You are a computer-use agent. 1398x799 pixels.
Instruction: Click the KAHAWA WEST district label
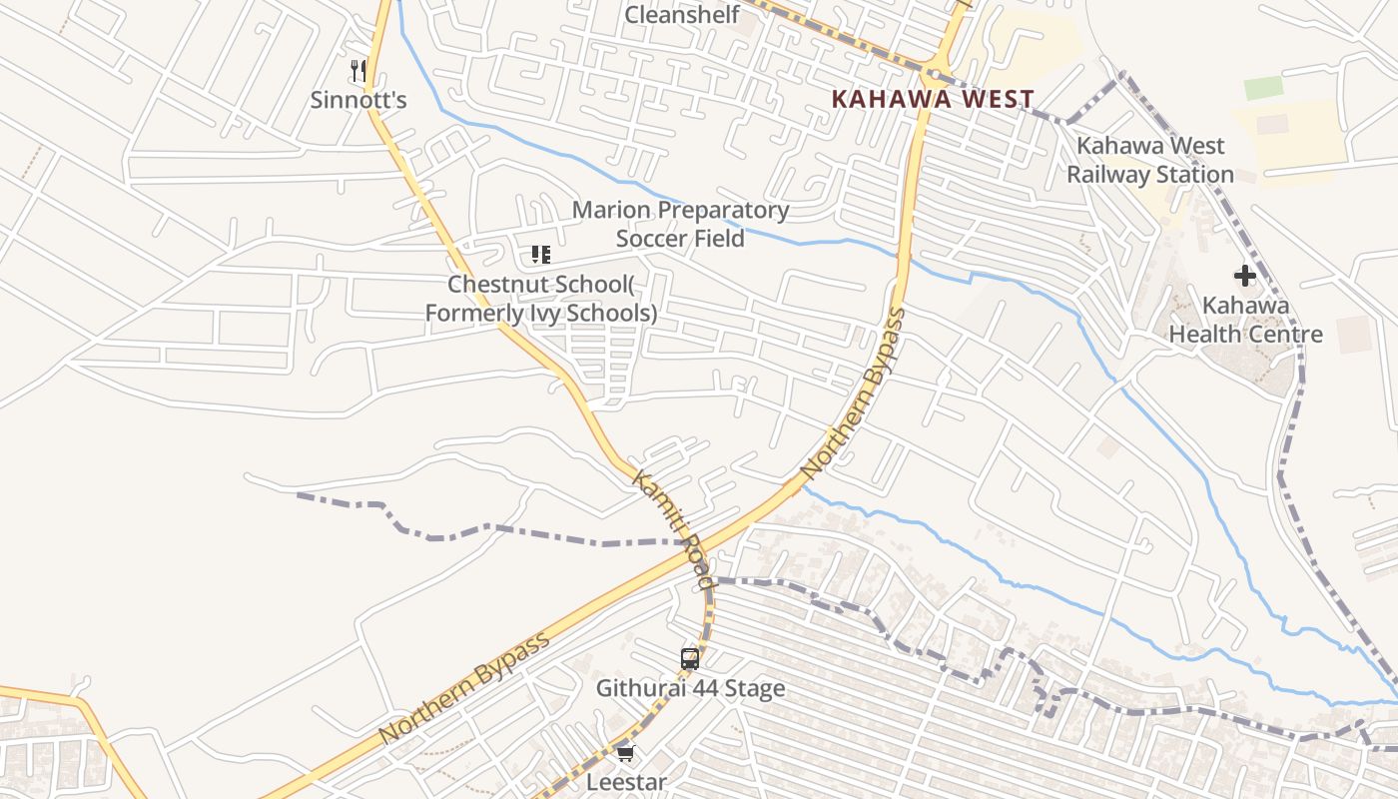(933, 99)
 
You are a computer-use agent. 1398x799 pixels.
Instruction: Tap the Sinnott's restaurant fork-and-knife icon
(358, 71)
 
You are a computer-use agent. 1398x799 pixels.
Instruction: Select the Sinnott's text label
(358, 100)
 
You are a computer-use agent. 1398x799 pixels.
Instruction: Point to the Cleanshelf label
(682, 15)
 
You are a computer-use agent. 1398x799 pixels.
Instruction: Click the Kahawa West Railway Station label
(1150, 160)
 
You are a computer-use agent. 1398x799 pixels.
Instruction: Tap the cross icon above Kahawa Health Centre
(1245, 276)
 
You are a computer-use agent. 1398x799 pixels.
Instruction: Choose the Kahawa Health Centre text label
(1245, 320)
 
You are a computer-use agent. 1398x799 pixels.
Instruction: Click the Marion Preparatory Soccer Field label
(680, 224)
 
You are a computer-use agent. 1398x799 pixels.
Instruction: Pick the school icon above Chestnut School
(541, 255)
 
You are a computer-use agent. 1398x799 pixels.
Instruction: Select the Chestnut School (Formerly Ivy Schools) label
(540, 299)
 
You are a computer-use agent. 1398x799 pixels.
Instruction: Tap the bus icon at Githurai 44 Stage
(690, 658)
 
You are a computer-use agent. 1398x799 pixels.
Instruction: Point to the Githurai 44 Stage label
(690, 688)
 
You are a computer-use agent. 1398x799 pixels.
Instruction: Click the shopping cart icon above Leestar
(625, 753)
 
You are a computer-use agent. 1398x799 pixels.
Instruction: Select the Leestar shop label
(625, 782)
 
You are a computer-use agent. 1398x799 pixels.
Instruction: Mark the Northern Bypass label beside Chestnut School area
(855, 393)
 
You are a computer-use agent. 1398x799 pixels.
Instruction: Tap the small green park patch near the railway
(1263, 88)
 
